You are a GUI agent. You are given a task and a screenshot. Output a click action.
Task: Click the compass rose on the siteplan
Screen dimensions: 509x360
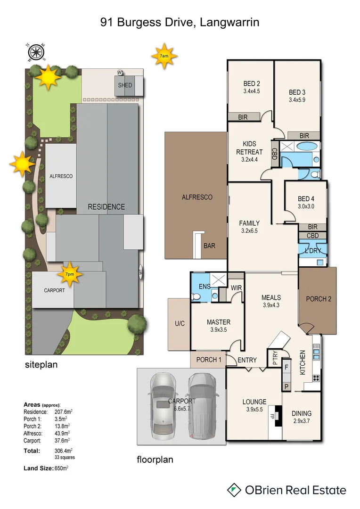[36, 52]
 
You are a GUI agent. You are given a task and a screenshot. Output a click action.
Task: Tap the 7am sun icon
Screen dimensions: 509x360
[164, 56]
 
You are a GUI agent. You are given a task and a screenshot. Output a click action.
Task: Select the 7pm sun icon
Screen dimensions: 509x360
[69, 274]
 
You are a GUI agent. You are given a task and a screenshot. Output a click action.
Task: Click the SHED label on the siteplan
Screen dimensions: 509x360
[125, 85]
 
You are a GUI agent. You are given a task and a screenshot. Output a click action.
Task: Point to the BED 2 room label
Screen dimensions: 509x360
[252, 84]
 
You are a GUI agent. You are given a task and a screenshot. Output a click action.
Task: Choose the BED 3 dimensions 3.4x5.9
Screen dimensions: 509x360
[297, 99]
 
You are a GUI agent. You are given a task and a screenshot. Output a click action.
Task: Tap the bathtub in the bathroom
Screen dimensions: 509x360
[300, 147]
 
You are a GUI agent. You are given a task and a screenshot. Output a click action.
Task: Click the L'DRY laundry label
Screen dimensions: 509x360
[312, 251]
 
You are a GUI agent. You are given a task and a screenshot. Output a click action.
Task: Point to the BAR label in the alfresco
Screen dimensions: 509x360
[209, 246]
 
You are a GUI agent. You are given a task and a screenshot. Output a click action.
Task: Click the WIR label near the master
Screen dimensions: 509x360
[236, 287]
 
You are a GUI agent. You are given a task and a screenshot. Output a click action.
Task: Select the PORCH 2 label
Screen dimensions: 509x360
[319, 299]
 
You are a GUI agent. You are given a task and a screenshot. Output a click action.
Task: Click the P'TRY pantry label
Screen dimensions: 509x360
[272, 357]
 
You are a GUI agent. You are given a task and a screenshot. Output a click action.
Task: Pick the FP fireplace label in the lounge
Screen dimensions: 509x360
[271, 417]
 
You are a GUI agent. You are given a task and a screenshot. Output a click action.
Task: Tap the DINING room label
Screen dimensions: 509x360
[301, 413]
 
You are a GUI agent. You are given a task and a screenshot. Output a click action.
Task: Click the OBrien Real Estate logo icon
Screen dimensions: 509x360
[234, 490]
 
